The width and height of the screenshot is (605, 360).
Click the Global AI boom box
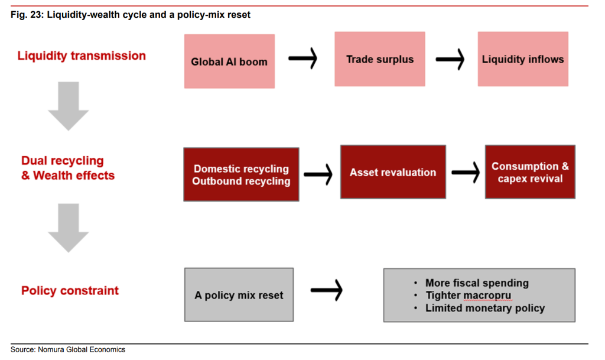[x=229, y=61]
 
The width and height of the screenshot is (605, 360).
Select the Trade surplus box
[x=380, y=59]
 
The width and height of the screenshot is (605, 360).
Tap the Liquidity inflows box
[x=523, y=59]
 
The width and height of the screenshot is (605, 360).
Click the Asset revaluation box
[x=393, y=173]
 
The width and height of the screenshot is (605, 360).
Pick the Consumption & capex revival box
[x=530, y=172]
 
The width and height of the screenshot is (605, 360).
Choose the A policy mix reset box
[x=239, y=295]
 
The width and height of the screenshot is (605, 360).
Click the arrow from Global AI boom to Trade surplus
[x=303, y=59]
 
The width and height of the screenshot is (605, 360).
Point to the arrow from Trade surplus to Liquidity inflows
[x=450, y=59]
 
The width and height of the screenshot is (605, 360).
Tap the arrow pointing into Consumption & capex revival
[x=466, y=172]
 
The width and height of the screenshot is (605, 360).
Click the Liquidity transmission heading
[x=82, y=56]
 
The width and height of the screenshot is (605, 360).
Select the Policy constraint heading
[x=70, y=291]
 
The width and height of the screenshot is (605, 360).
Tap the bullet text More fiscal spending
[x=477, y=283]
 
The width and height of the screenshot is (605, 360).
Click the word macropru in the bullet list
[x=487, y=296]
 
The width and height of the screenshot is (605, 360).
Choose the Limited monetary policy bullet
[x=484, y=308]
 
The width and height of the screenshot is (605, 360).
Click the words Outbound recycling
[x=241, y=181]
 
